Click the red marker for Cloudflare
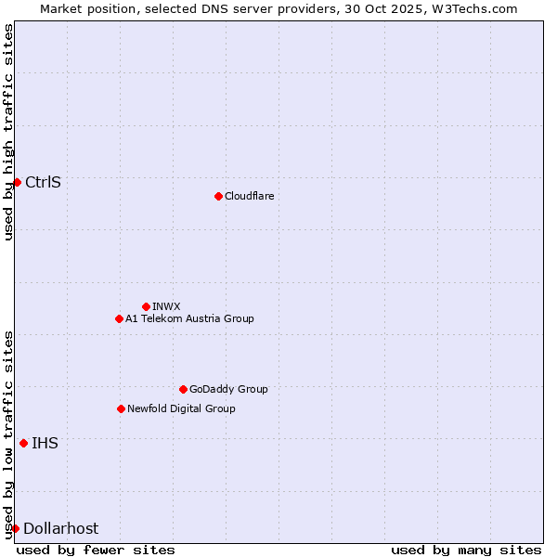click(218, 196)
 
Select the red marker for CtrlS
click(17, 182)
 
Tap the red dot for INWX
click(146, 306)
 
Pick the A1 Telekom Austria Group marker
click(119, 318)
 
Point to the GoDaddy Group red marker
click(183, 389)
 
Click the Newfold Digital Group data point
click(121, 408)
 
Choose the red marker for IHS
click(23, 443)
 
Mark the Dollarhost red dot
click(15, 528)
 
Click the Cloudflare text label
click(250, 196)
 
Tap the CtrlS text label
click(44, 182)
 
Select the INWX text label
click(166, 306)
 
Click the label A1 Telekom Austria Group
click(189, 318)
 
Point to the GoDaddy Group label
click(228, 389)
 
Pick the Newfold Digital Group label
click(181, 408)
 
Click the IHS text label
click(45, 443)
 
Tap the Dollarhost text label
click(60, 528)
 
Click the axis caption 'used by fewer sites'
click(96, 550)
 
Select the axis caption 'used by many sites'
click(465, 550)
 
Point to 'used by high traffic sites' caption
click(8, 132)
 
